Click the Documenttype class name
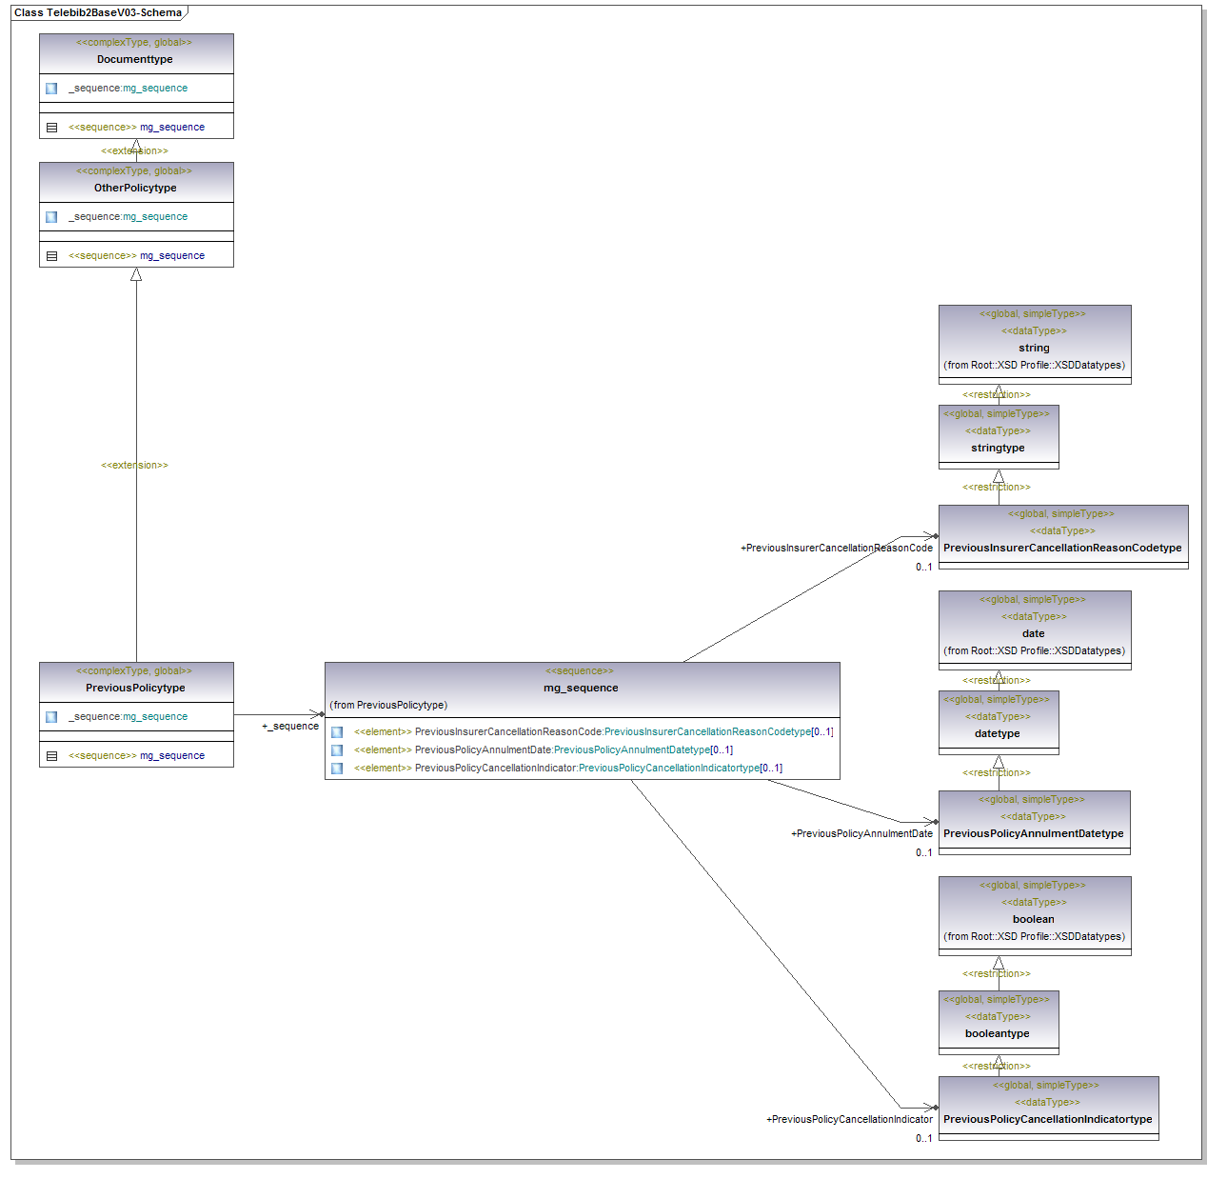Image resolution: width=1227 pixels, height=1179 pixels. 135,59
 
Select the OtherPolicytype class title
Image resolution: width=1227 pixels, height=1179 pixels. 135,188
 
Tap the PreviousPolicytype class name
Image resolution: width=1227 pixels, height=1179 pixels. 135,688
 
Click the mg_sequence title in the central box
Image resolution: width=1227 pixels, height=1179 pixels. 581,688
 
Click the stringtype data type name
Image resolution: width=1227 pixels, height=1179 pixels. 998,448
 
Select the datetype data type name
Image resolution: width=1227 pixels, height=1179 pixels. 997,733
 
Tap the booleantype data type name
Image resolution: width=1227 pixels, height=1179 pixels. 997,1033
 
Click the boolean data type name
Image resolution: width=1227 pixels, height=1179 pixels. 1033,919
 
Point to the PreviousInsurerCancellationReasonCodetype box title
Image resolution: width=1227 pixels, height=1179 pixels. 1062,548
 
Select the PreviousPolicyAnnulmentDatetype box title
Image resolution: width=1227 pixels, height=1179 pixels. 1033,833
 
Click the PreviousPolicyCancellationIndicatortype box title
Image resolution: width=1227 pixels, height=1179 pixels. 1047,1119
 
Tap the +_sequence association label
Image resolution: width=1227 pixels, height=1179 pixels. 290,726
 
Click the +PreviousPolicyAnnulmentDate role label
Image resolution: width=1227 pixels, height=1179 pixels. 861,833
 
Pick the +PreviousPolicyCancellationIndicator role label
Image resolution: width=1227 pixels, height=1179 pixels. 849,1119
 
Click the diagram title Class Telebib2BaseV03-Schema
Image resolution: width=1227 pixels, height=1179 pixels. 97,12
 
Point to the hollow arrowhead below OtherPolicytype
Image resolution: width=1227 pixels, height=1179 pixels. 136,274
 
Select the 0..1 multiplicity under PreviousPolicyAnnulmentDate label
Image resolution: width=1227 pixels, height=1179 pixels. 923,852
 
